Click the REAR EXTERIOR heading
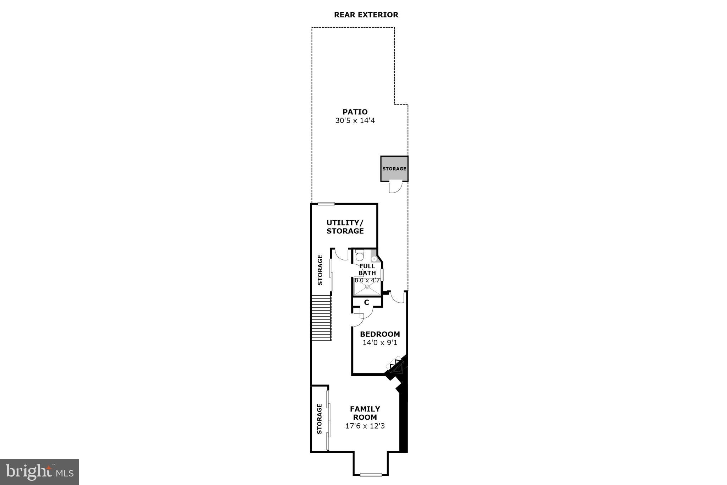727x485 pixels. click(x=366, y=15)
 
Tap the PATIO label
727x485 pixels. click(x=355, y=112)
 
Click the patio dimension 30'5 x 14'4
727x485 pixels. click(x=355, y=121)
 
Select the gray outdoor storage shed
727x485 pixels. click(x=394, y=168)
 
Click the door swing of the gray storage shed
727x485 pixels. click(x=395, y=187)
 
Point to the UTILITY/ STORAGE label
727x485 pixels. click(x=345, y=227)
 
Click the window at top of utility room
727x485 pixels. click(x=326, y=204)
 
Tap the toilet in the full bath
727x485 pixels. click(x=360, y=255)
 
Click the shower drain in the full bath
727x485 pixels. click(x=367, y=286)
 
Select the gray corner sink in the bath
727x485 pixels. click(x=374, y=259)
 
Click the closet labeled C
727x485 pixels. click(x=367, y=302)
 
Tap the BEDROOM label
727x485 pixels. click(x=380, y=334)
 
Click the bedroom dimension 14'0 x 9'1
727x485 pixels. click(x=380, y=343)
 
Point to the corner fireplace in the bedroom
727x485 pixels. click(x=396, y=366)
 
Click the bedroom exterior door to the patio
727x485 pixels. click(x=398, y=297)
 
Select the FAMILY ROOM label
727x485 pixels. click(x=365, y=413)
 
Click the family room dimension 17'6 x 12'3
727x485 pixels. click(x=365, y=426)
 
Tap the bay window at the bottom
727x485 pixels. click(x=371, y=474)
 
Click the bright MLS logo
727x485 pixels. click(x=39, y=472)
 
